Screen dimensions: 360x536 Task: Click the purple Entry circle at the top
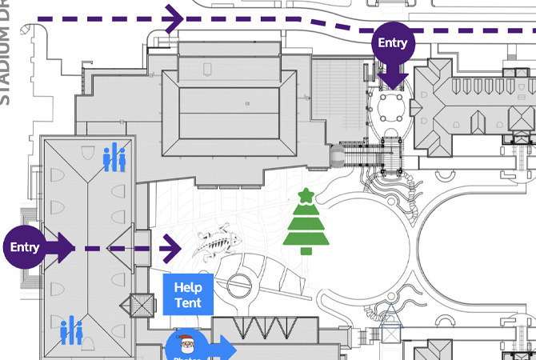tap(392, 43)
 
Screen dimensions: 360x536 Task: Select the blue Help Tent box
tap(188, 294)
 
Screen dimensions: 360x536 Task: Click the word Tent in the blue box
tap(188, 303)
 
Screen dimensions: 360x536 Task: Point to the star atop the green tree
tap(305, 195)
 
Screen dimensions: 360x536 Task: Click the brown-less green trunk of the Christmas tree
tap(305, 250)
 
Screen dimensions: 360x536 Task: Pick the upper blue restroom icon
tap(114, 158)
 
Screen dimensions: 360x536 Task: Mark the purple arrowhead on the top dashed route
tap(174, 18)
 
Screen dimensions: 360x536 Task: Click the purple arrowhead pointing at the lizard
tap(173, 248)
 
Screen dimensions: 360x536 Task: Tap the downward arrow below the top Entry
tap(392, 78)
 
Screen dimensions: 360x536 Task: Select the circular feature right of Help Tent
tap(239, 286)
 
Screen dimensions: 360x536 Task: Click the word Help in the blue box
tap(188, 287)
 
